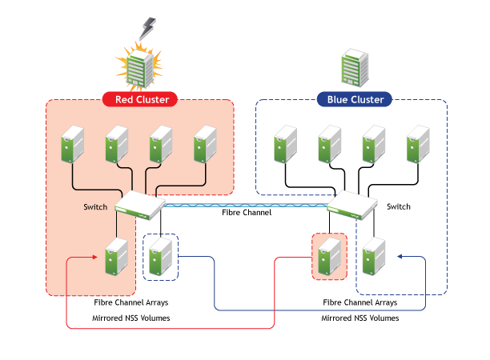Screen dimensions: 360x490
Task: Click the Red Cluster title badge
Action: tap(141, 99)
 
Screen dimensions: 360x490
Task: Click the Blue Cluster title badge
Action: tap(355, 99)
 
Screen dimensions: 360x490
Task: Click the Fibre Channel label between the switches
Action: tap(247, 213)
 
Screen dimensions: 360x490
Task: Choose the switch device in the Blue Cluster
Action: tap(351, 206)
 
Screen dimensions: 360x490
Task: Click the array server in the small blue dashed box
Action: tap(161, 258)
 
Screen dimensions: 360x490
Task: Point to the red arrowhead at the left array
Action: tap(98, 257)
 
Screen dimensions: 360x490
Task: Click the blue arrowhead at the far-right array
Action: tap(398, 257)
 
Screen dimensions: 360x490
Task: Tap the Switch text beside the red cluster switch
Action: tap(95, 207)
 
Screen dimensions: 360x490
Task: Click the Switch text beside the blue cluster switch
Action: tap(399, 207)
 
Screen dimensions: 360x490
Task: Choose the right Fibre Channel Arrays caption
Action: tap(360, 303)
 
